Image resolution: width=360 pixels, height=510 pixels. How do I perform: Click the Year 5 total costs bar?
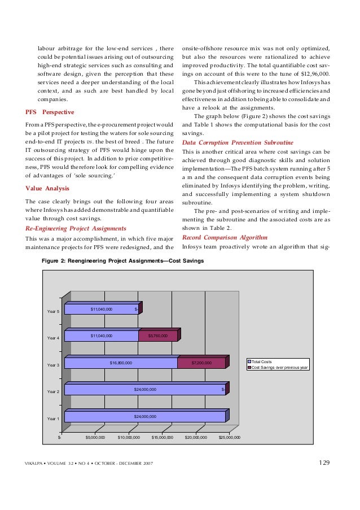[x=101, y=309]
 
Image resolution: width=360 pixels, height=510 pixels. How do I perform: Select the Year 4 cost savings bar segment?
[x=157, y=336]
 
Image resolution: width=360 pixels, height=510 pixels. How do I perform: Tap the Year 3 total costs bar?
[x=121, y=363]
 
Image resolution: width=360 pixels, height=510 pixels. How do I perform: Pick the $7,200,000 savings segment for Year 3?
[x=201, y=363]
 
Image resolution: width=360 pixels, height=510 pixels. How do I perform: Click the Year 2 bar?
[x=145, y=389]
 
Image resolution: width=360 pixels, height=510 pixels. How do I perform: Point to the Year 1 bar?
[x=145, y=416]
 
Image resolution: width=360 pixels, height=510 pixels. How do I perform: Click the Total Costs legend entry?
[x=262, y=361]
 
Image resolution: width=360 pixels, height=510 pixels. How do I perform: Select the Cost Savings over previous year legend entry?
[x=277, y=367]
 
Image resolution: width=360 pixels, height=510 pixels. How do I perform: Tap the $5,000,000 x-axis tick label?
[x=95, y=437]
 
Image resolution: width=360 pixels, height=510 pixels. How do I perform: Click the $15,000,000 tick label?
[x=163, y=437]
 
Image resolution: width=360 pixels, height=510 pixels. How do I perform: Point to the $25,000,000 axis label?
[x=230, y=437]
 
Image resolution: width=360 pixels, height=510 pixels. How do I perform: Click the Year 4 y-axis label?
[x=53, y=338]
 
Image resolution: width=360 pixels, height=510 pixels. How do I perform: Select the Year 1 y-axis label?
[x=53, y=419]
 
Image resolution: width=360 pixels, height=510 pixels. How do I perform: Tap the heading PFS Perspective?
[x=50, y=112]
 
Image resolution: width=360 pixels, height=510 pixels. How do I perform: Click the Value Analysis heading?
[x=47, y=188]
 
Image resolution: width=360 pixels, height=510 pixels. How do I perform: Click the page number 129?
[x=324, y=463]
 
